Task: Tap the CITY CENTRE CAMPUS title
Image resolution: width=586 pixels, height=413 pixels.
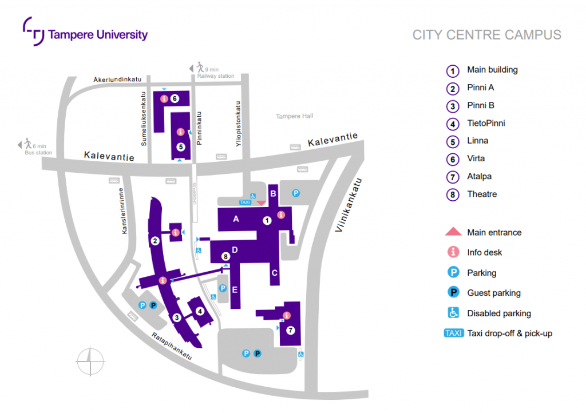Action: pyautogui.click(x=486, y=35)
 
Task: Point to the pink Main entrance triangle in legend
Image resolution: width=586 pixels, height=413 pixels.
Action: pyautogui.click(x=453, y=232)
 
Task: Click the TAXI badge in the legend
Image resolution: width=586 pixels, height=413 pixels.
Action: pyautogui.click(x=453, y=333)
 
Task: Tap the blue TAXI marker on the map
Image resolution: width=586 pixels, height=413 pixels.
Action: pyautogui.click(x=245, y=202)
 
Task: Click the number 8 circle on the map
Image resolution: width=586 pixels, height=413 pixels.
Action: pyautogui.click(x=225, y=257)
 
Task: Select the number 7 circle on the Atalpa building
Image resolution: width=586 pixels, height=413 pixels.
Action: pyautogui.click(x=290, y=330)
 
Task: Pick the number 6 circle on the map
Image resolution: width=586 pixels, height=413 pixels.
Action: pyautogui.click(x=175, y=99)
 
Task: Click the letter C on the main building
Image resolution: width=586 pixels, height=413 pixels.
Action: pyautogui.click(x=275, y=273)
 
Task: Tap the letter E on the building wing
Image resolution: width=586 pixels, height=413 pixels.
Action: pyautogui.click(x=235, y=290)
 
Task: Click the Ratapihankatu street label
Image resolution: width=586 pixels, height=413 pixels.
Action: pyautogui.click(x=171, y=346)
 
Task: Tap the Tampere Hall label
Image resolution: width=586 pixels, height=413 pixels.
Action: pyautogui.click(x=295, y=116)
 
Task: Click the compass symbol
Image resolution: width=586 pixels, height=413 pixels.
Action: pyautogui.click(x=90, y=362)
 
